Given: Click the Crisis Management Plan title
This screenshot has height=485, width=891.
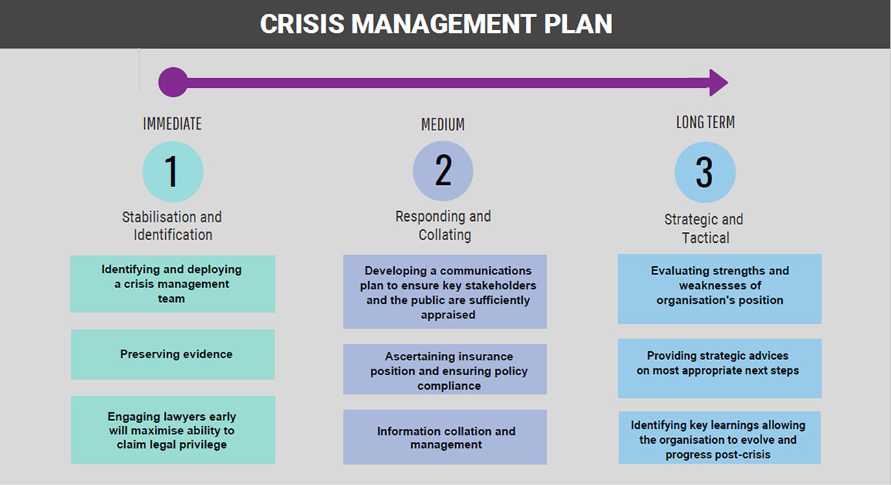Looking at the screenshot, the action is [436, 24].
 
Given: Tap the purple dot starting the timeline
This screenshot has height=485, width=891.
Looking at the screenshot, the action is [173, 82].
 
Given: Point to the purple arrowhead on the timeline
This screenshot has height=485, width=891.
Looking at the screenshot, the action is [719, 82].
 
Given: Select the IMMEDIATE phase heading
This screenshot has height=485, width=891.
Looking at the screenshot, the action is [172, 123].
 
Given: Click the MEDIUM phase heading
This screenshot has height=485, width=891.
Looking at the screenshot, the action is [443, 124].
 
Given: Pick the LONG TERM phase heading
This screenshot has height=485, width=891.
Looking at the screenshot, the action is [705, 122].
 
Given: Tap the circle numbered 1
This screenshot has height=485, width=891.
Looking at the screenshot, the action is [173, 171].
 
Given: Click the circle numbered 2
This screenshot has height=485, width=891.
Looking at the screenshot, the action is [443, 171].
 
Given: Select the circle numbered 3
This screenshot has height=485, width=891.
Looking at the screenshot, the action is [705, 172].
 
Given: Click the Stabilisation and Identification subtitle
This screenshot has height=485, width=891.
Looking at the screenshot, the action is [172, 226].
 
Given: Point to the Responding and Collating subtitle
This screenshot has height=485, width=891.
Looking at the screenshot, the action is [443, 226].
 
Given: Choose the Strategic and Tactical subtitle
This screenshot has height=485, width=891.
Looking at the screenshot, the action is [704, 228].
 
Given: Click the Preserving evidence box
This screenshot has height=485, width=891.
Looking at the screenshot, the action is [173, 355].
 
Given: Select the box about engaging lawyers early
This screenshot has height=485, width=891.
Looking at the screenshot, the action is [173, 429].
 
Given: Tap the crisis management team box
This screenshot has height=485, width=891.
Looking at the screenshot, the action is [173, 284].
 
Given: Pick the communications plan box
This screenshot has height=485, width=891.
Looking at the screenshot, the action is [445, 292].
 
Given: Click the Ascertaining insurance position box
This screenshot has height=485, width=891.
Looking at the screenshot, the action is [445, 370].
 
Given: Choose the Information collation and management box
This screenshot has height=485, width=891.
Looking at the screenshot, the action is [445, 437].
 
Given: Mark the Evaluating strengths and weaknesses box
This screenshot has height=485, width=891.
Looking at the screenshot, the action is [720, 289].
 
